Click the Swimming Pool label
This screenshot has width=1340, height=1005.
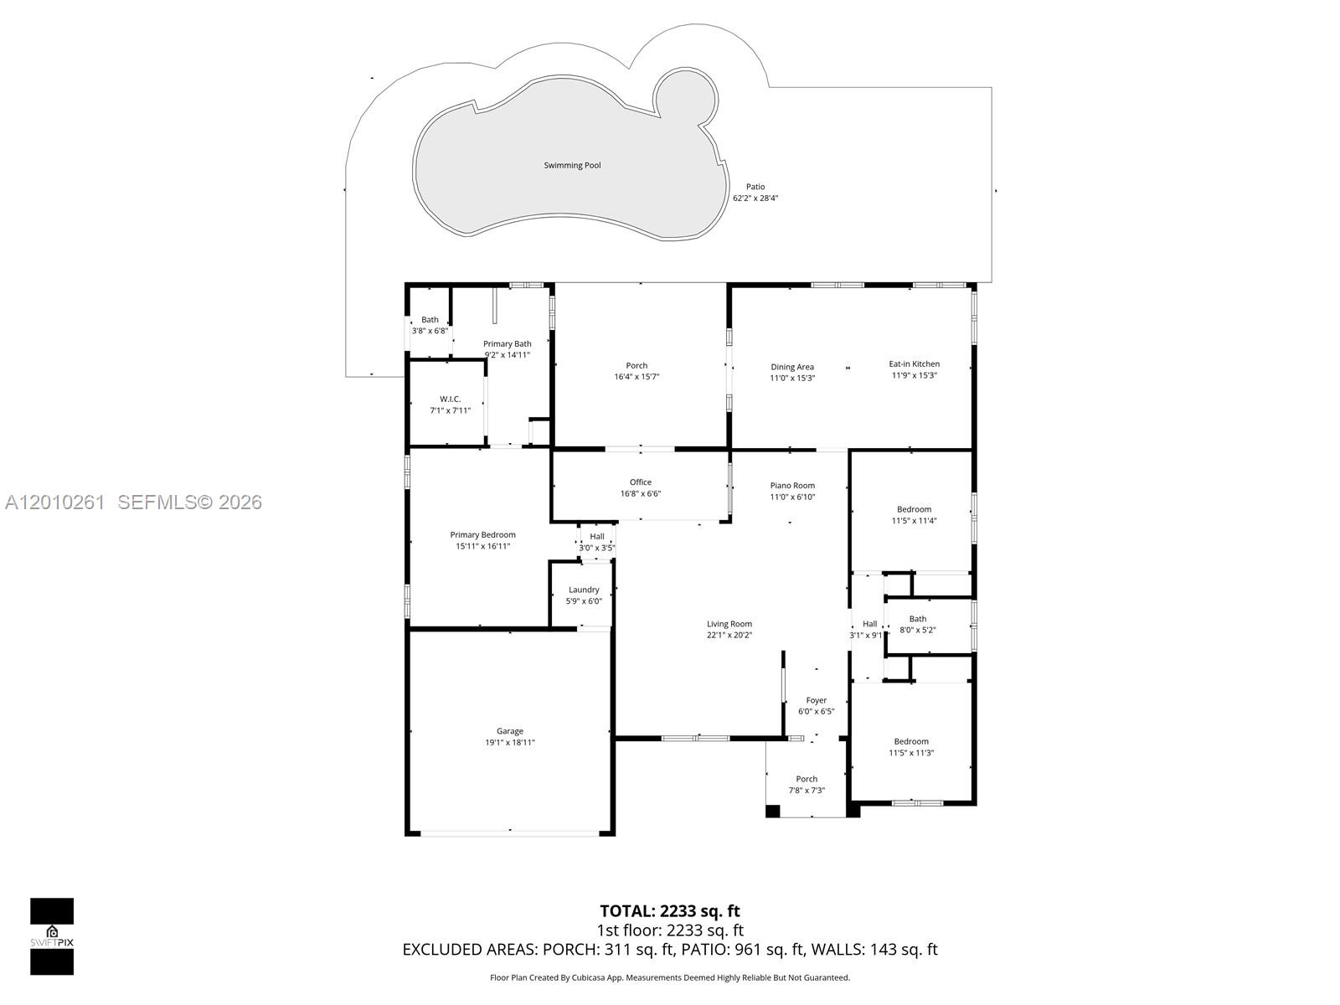tap(572, 165)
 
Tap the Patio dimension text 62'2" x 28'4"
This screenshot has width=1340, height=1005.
tap(755, 198)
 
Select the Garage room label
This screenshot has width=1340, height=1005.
tap(509, 731)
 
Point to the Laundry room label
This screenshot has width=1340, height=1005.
tap(584, 590)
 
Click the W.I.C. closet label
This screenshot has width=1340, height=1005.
tap(450, 399)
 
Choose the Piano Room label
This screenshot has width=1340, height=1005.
tap(792, 485)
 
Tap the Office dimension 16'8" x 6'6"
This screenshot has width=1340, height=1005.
tap(640, 493)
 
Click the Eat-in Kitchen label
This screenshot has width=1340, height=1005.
tap(914, 363)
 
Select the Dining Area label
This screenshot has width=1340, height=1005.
tap(792, 367)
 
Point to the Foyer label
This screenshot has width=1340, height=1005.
tap(816, 700)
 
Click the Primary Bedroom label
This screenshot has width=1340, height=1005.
tap(482, 534)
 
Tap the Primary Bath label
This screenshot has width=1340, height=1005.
tap(507, 343)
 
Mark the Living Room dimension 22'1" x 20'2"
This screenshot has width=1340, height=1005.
tap(729, 635)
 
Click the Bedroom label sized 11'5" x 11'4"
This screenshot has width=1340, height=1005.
tap(914, 509)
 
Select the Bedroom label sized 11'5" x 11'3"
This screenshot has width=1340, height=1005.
tap(910, 741)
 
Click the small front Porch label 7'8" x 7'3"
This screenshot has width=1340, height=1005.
tap(807, 779)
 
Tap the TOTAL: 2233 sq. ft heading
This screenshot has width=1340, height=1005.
tap(669, 910)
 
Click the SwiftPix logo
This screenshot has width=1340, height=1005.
tap(52, 936)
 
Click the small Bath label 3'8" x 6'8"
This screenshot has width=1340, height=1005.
tap(430, 319)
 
